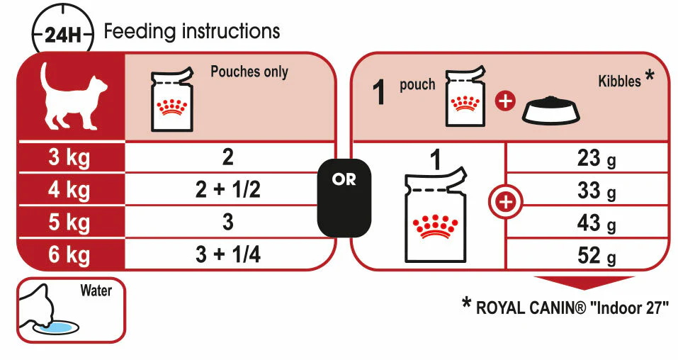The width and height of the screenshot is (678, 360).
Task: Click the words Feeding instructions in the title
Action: [192, 32]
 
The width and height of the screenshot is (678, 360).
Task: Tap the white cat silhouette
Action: [71, 95]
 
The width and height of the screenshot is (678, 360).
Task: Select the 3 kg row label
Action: [69, 157]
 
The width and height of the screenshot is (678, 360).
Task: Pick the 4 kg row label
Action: [69, 190]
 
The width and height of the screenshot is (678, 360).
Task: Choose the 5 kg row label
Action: [69, 223]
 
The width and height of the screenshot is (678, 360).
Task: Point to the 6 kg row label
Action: [69, 254]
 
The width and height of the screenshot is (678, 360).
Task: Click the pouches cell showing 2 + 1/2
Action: [228, 190]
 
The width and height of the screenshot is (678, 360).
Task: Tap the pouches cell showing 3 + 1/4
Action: [228, 254]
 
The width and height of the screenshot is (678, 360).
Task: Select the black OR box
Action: [344, 198]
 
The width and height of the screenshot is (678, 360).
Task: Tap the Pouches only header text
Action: [249, 72]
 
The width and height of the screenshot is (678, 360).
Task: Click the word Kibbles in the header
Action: [620, 81]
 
